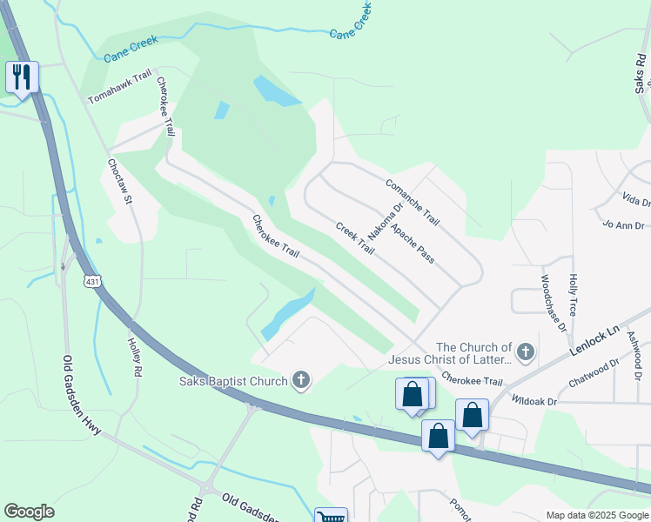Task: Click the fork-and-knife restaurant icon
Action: [x=20, y=77]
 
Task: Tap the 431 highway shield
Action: [x=91, y=281]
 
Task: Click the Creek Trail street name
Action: [x=355, y=238]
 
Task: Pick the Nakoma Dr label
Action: [x=385, y=223]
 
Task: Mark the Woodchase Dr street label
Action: [x=553, y=304]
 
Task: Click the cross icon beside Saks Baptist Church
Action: [x=301, y=379]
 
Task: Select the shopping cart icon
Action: [x=331, y=517]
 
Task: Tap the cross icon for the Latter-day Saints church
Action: [x=524, y=352]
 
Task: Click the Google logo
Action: [x=29, y=512]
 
